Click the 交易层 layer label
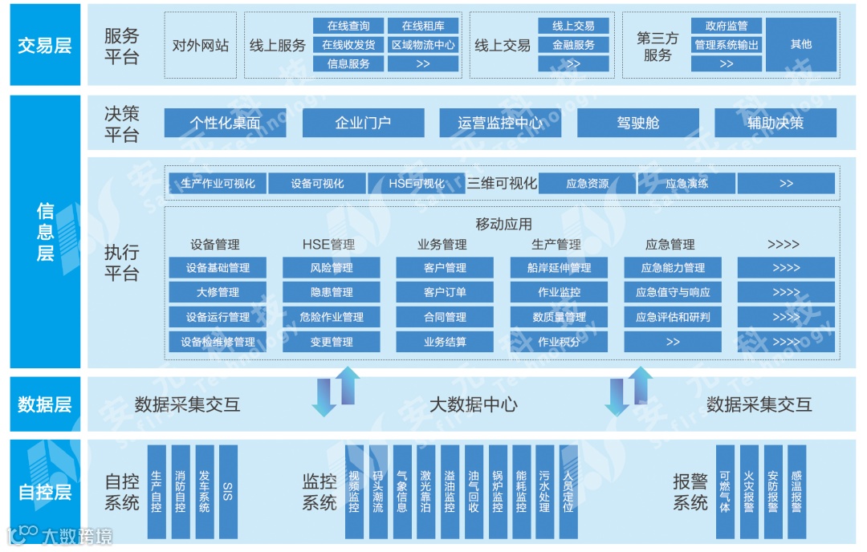click(x=44, y=45)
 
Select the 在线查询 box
click(x=348, y=26)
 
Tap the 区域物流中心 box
click(x=423, y=45)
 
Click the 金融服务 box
click(x=573, y=45)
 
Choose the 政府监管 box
click(x=726, y=26)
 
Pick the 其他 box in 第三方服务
click(x=800, y=45)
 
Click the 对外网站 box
click(x=201, y=46)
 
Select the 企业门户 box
click(x=362, y=123)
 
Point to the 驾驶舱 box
click(x=637, y=123)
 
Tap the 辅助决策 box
click(x=775, y=123)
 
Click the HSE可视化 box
click(x=416, y=184)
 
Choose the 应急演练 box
click(x=686, y=184)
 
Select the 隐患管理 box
click(x=332, y=292)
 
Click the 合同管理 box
click(x=445, y=317)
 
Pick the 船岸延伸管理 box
click(x=559, y=268)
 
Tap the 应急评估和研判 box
click(x=673, y=317)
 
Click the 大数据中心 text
click(x=473, y=404)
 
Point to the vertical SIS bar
click(x=228, y=491)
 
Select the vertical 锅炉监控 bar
click(x=498, y=491)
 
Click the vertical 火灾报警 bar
click(x=749, y=491)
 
